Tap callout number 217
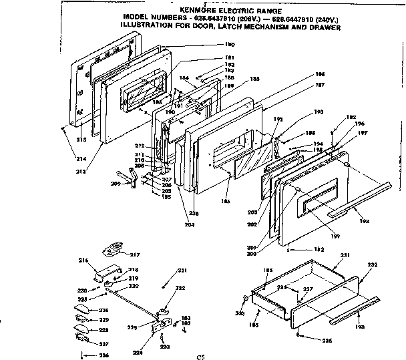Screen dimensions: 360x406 coord(135,254)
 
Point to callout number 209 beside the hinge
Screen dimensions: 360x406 coord(116,183)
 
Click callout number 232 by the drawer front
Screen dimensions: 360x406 coord(372,265)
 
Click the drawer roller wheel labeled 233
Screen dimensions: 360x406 coord(246,299)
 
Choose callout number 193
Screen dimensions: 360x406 coord(318,112)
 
